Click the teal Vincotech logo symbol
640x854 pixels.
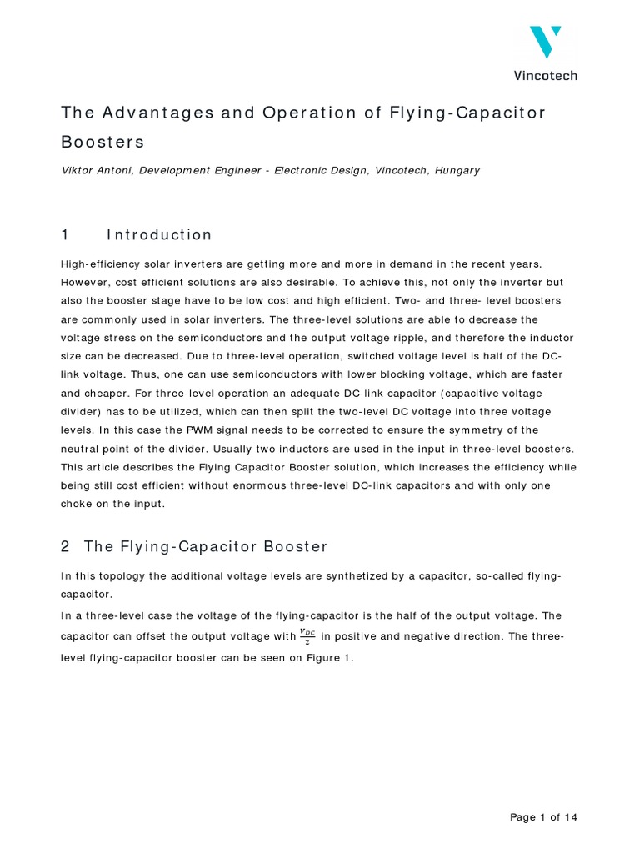click(545, 41)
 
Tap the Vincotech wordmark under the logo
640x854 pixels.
click(545, 75)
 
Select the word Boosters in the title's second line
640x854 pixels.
click(102, 141)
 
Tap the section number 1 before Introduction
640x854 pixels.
click(66, 234)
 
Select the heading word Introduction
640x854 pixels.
click(159, 234)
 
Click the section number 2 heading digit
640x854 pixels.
click(66, 546)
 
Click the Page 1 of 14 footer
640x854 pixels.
click(543, 817)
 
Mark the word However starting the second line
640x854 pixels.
click(87, 283)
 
